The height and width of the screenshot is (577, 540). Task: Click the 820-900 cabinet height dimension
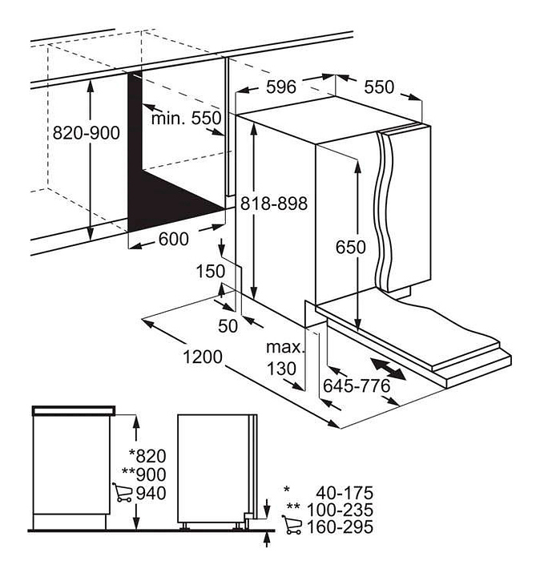pos(86,132)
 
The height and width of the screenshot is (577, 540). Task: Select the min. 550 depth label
pos(186,118)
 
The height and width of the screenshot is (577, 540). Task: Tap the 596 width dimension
pos(281,87)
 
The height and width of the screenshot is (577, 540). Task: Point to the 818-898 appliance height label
pos(274,203)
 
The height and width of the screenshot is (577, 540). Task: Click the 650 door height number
pos(351,247)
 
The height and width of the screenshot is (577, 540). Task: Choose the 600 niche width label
pos(174,239)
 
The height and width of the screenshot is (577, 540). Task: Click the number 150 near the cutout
pos(211,271)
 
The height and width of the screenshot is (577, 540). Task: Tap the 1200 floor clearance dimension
pos(203,357)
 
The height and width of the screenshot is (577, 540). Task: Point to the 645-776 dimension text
pos(357,385)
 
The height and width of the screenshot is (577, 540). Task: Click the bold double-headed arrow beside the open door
pos(388,369)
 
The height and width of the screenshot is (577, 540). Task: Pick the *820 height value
pos(147,456)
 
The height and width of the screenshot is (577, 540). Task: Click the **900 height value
pos(144,474)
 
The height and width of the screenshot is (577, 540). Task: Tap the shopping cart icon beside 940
pos(122,492)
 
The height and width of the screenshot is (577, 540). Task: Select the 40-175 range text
pos(345,492)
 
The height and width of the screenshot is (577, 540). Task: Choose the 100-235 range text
pos(340,510)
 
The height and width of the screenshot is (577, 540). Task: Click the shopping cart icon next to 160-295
pos(292,524)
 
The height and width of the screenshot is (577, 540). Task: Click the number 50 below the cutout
pos(228,326)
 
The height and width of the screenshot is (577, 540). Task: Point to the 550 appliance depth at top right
pos(379,87)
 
